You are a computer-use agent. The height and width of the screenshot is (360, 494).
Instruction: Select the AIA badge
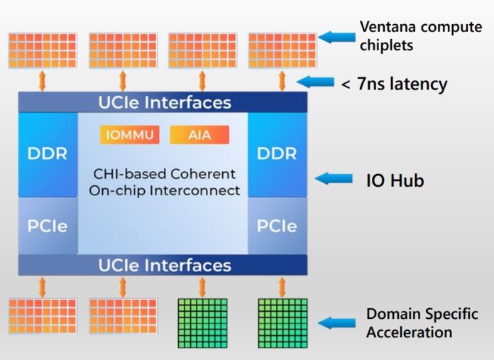199,135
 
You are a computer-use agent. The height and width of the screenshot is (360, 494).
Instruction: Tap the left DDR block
48,154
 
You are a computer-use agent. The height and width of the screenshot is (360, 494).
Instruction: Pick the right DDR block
278,154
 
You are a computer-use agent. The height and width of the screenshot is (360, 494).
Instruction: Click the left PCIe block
48,226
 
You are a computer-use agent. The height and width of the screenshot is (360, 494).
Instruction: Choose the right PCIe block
278,226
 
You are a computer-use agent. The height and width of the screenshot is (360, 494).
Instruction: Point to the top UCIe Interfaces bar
163,102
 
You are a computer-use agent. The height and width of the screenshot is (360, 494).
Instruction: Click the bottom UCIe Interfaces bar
163,266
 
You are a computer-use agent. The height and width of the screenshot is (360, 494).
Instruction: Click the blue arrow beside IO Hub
334,179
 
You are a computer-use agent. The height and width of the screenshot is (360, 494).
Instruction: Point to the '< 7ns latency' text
394,84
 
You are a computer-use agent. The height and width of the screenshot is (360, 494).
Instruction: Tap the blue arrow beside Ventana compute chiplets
338,36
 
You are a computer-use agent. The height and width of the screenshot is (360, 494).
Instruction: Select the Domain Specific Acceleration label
422,323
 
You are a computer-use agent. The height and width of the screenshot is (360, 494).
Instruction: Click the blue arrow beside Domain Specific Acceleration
336,323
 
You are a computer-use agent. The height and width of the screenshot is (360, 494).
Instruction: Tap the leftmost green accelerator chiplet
202,323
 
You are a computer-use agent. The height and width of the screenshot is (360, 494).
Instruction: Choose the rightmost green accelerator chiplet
282,323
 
